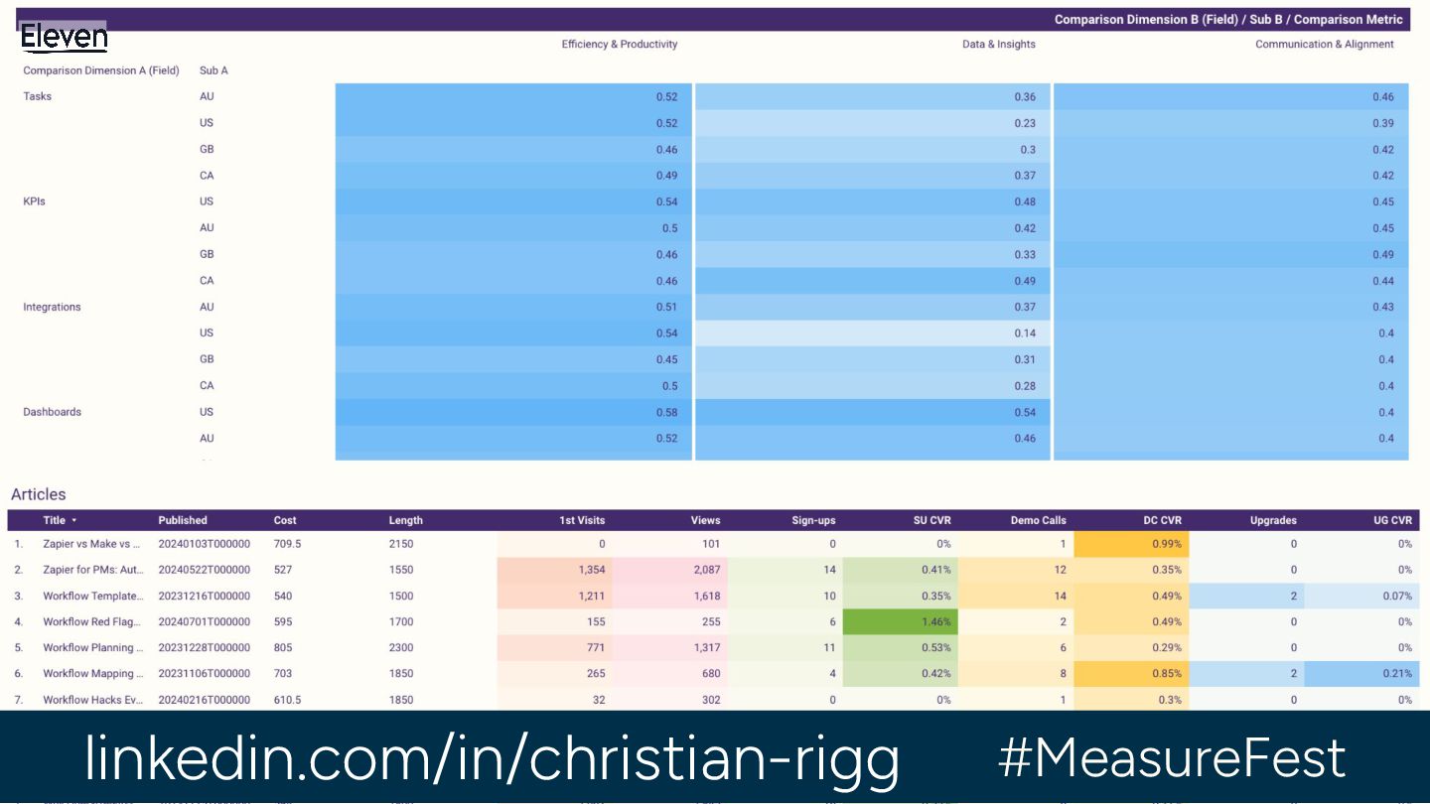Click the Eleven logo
point(64,38)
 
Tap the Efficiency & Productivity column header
point(619,45)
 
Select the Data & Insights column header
point(998,45)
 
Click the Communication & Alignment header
point(1324,45)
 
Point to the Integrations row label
point(52,307)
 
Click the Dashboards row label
point(52,412)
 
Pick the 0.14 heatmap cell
point(1025,334)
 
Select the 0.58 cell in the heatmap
point(666,412)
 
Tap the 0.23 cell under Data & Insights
point(1025,123)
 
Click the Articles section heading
point(39,494)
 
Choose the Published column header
point(183,520)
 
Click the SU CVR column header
point(931,520)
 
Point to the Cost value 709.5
point(287,544)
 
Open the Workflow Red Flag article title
point(93,622)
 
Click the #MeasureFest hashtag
point(1172,758)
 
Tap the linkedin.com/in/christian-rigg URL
point(492,758)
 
